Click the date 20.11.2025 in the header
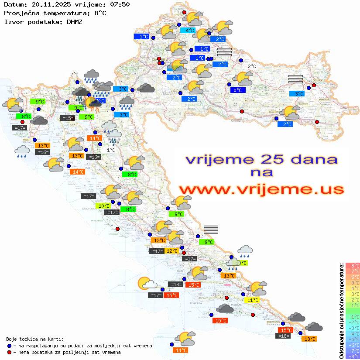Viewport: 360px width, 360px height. point(49,5)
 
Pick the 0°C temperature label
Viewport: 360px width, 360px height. point(238,90)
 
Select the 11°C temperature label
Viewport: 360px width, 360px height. point(252,300)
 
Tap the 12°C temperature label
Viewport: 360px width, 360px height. point(171,251)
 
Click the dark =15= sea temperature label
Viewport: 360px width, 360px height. point(67,118)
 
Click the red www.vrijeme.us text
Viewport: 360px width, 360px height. point(261,189)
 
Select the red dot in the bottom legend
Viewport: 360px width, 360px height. point(9,352)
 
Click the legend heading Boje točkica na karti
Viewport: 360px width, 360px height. point(35,339)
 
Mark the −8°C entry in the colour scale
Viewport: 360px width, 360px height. point(352,356)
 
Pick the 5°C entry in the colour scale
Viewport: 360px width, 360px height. point(352,282)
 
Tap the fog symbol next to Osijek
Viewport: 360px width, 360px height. point(295,79)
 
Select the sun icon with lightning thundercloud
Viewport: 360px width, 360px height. point(93,103)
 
